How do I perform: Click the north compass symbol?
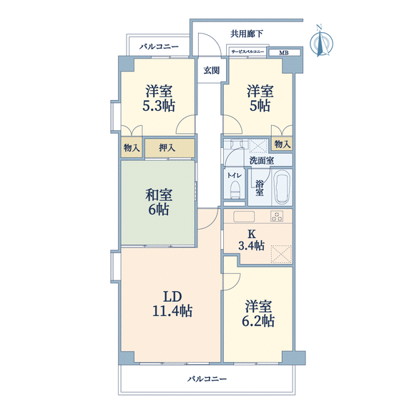coord(321,41)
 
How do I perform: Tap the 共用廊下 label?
coord(247,34)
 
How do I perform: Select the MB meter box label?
coord(284,53)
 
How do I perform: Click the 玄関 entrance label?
coord(212,70)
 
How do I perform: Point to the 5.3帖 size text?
coord(159,106)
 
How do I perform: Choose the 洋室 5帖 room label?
coord(260,99)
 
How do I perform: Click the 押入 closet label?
coord(167,148)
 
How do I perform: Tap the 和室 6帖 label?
coord(159,202)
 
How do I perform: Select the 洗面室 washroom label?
coord(262,160)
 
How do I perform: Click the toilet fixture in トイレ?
coord(235,190)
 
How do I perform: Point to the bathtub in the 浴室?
coord(283,187)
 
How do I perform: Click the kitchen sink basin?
coord(244,217)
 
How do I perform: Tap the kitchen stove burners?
coord(277,217)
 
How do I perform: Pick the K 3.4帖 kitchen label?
coord(252,240)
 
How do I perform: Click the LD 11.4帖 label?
coord(172,304)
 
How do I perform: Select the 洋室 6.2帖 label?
coord(258,313)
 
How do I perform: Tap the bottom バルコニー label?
coord(207,379)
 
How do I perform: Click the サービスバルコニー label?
coord(247,51)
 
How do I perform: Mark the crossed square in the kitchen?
coord(281,254)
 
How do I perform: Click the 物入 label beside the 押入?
coord(132,148)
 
